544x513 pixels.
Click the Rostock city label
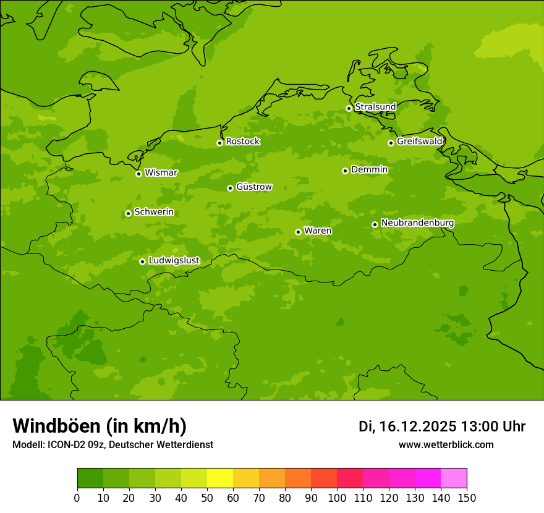[x=242, y=142]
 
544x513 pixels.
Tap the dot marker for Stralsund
[x=349, y=108]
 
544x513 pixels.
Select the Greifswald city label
[x=419, y=142]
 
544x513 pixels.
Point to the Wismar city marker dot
[x=138, y=174]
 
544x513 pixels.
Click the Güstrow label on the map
[x=253, y=187]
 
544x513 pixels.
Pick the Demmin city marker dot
[x=345, y=171]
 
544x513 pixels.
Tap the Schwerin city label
[x=154, y=212]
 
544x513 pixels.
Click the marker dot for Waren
[x=298, y=232]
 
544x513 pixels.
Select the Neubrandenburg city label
[x=417, y=223]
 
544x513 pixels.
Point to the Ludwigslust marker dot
[x=142, y=261]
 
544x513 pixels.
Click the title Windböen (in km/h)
[x=100, y=426]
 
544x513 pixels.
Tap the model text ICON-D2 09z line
[x=113, y=444]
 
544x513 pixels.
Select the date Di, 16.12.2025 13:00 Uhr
[x=442, y=426]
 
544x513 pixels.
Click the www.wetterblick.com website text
[x=446, y=444]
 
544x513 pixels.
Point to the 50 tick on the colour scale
[x=207, y=498]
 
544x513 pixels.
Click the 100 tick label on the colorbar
[x=337, y=498]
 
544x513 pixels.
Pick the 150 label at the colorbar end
[x=467, y=498]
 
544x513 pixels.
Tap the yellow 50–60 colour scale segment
[x=220, y=478]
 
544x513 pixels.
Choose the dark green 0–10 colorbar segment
[x=90, y=478]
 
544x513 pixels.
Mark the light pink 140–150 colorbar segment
[x=454, y=478]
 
